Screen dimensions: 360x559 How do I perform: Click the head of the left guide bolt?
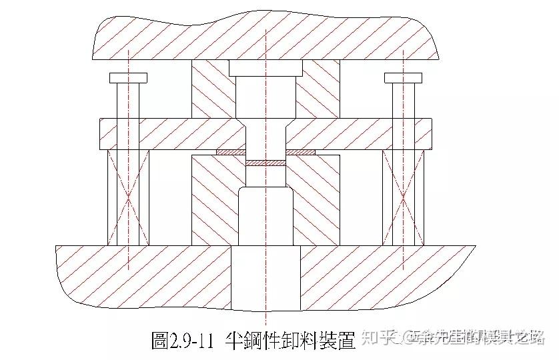(127, 78)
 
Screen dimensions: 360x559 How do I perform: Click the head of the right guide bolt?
(404, 78)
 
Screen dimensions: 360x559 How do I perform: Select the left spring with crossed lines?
(127, 197)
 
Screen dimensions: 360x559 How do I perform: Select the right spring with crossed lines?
(404, 197)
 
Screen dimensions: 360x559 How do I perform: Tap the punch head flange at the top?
(265, 67)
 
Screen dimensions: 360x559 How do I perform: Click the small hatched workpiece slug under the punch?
(265, 162)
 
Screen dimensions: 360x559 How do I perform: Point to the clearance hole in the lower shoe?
(265, 277)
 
